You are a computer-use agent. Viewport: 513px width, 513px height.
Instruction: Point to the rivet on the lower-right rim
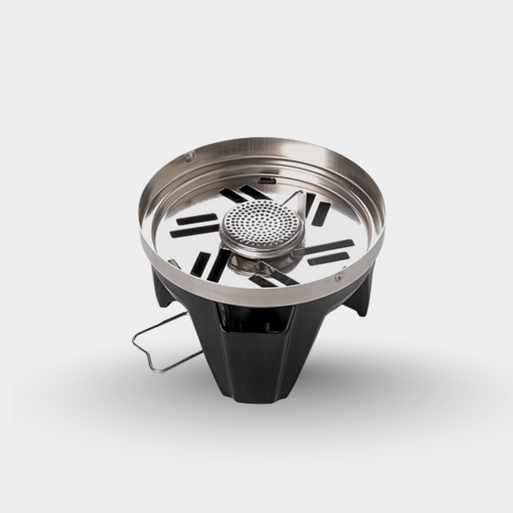point(338,278)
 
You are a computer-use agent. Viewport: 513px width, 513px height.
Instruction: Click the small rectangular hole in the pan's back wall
point(266,180)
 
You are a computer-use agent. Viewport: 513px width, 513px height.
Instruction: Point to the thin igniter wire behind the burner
point(292,198)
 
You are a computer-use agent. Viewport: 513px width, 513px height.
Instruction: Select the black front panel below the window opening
point(256,359)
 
